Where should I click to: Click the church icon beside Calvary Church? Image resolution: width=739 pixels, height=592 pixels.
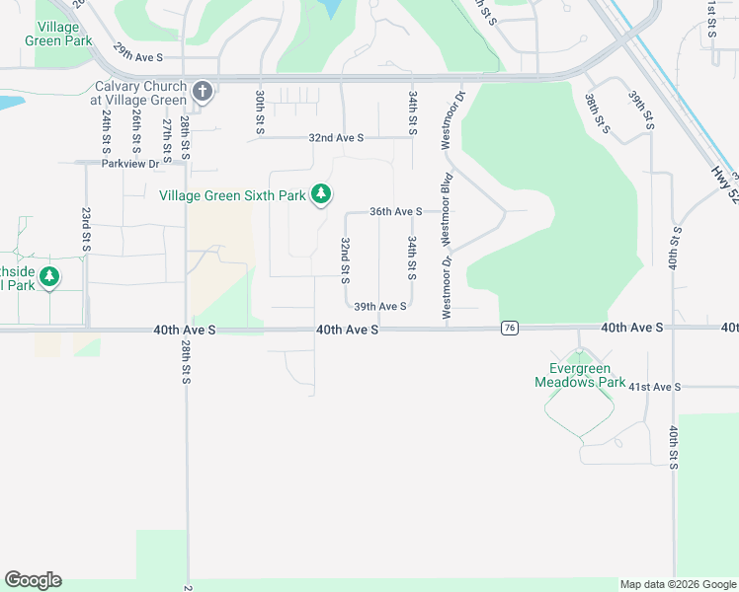click(203, 93)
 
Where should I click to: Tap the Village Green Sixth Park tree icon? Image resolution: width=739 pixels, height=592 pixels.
click(321, 195)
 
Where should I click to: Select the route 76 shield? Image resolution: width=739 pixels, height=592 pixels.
click(510, 328)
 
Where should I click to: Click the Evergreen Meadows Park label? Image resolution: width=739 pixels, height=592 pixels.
click(580, 375)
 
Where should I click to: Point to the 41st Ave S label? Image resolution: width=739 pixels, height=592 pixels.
click(654, 387)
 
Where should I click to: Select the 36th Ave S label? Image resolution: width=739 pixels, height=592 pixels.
click(395, 211)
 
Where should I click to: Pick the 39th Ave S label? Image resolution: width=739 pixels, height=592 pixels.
click(380, 307)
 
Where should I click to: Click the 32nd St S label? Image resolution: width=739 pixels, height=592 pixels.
click(346, 256)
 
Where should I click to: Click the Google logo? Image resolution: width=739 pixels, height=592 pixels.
click(33, 580)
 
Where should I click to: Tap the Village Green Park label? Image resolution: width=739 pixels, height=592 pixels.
click(64, 35)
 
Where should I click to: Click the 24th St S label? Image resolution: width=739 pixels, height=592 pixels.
click(106, 134)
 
